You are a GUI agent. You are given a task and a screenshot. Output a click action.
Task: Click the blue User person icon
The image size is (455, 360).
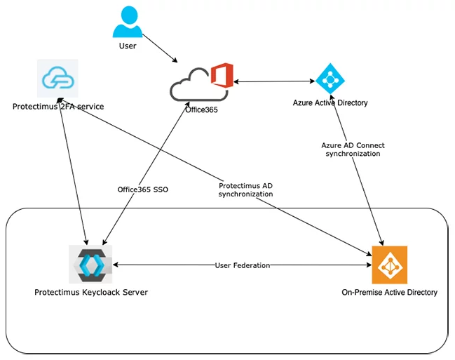click(128, 22)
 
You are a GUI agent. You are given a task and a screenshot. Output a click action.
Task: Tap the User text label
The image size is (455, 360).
click(128, 46)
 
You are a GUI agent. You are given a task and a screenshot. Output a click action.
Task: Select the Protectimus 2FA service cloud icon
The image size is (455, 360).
click(57, 78)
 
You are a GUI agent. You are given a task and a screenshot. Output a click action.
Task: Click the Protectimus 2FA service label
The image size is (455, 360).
click(58, 107)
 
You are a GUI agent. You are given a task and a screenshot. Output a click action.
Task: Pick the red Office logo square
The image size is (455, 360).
click(222, 75)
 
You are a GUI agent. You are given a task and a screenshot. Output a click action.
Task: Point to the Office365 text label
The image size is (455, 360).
click(201, 110)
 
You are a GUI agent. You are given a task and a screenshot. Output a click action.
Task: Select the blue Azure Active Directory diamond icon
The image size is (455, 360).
click(330, 79)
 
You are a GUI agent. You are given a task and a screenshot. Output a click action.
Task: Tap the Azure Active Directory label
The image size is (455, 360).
click(330, 103)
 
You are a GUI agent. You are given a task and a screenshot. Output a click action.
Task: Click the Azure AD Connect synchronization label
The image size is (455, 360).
click(353, 149)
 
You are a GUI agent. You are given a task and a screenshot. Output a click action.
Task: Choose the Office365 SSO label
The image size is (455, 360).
click(143, 189)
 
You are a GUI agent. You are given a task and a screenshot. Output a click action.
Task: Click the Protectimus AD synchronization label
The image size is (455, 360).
click(245, 189)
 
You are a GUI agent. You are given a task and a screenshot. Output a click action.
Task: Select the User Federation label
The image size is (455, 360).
click(243, 265)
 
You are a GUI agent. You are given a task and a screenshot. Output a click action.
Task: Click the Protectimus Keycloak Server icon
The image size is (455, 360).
click(90, 264)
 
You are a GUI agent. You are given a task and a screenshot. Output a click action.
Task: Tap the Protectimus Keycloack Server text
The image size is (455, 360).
click(91, 293)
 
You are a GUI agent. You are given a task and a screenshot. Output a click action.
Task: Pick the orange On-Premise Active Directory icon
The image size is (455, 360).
click(389, 265)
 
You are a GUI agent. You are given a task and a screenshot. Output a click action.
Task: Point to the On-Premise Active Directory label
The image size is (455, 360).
click(389, 293)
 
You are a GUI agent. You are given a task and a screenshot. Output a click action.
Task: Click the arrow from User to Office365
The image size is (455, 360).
click(160, 48)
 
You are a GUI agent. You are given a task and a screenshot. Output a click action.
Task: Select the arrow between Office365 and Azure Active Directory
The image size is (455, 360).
click(274, 81)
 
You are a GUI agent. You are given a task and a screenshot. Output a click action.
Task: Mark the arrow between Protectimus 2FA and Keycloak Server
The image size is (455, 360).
click(73, 171)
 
